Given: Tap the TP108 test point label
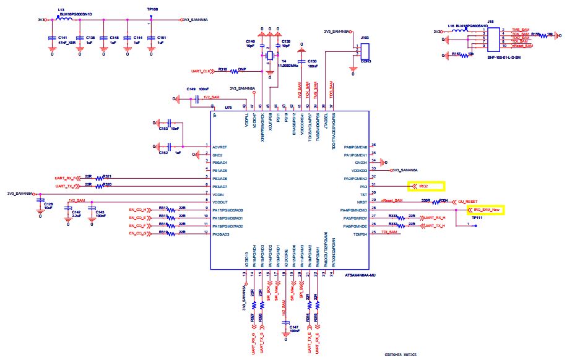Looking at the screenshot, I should pyautogui.click(x=152, y=11).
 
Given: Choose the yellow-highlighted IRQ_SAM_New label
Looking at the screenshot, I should pyautogui.click(x=486, y=210).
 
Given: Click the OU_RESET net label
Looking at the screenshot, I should pyautogui.click(x=469, y=201).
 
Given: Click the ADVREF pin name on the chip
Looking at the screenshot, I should pyautogui.click(x=219, y=147).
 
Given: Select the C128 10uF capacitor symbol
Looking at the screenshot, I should pyautogui.click(x=39, y=201).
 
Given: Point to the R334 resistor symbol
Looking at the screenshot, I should pyautogui.click(x=443, y=201).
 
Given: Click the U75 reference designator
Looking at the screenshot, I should pyautogui.click(x=228, y=107).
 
